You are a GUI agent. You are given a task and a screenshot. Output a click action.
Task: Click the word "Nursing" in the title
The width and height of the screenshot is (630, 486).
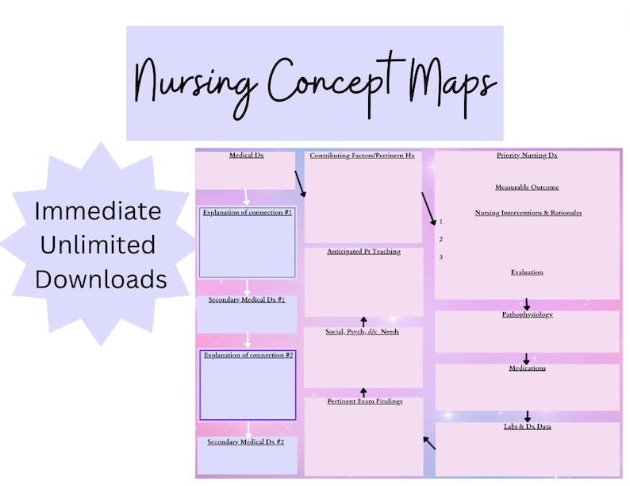click(198, 82)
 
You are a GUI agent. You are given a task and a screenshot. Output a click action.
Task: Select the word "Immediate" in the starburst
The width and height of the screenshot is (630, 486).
click(98, 212)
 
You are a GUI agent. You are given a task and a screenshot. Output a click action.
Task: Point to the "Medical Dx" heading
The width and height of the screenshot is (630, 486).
click(246, 156)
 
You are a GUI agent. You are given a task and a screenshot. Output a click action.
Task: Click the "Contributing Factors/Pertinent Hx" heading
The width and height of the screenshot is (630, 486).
click(362, 156)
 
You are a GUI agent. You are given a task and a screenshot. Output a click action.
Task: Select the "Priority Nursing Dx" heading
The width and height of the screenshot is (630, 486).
click(527, 156)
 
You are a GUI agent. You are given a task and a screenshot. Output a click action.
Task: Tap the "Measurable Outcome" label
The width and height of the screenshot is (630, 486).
click(527, 187)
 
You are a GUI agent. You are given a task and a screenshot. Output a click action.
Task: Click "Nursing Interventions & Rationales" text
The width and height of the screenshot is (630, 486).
click(528, 213)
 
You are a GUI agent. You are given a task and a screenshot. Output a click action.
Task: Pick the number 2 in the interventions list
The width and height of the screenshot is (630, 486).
click(440, 239)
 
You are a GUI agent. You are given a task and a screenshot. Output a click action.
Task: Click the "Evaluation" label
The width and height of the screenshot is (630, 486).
click(527, 272)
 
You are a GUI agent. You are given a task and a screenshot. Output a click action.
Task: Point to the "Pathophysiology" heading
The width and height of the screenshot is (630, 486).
click(527, 315)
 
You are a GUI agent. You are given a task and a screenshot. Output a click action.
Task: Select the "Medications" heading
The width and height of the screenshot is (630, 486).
click(527, 368)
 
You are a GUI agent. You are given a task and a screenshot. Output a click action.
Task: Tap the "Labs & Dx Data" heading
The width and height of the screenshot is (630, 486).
click(527, 427)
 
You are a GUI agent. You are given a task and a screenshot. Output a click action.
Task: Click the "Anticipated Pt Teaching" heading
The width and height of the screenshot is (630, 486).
click(363, 252)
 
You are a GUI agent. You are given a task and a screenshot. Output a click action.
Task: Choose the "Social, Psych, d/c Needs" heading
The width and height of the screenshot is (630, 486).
click(363, 331)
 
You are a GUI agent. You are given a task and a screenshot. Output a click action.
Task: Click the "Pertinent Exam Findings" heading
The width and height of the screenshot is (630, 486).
click(364, 402)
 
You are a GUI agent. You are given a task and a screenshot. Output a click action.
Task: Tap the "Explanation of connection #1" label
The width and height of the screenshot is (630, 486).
click(247, 213)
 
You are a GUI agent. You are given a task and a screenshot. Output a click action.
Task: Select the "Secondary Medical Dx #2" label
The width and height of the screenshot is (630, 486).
click(246, 442)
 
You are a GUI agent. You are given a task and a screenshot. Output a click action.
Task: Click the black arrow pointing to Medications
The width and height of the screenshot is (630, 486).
click(526, 359)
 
